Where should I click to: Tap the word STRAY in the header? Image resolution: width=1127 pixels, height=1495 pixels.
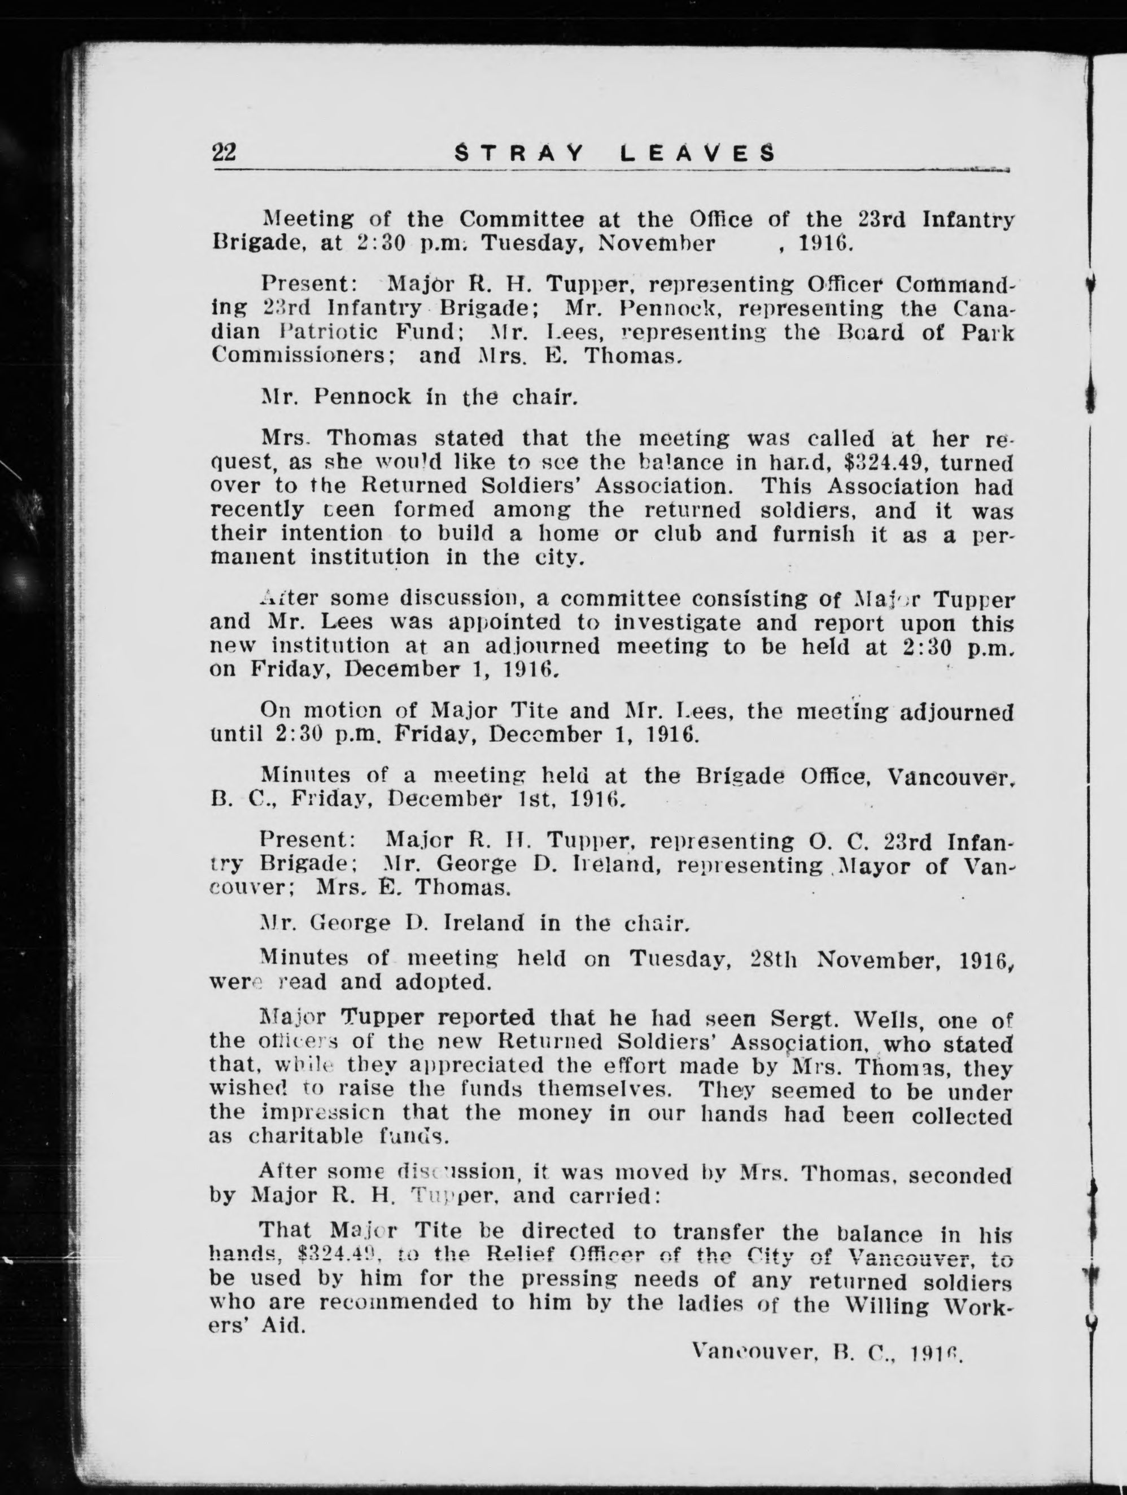point(517,154)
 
